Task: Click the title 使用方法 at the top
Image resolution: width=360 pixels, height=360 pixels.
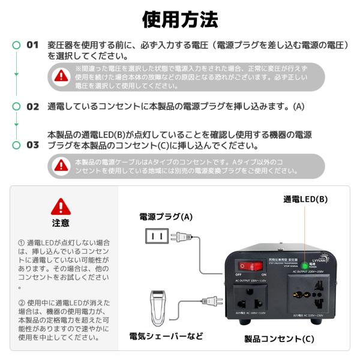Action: (x=180, y=20)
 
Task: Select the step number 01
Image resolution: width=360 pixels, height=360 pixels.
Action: (x=32, y=45)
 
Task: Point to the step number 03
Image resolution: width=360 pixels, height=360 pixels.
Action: (x=32, y=145)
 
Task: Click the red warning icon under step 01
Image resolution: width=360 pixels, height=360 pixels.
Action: (x=62, y=76)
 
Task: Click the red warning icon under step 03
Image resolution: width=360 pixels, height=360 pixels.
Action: (x=62, y=166)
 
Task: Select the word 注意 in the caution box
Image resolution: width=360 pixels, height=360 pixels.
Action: (x=61, y=223)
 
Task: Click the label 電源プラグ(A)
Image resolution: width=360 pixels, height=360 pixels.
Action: (x=166, y=217)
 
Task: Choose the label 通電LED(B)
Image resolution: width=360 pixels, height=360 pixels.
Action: (x=305, y=199)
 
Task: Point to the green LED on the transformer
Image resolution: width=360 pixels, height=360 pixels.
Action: (x=305, y=265)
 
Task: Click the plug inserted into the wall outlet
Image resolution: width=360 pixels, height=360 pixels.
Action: (x=179, y=237)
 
